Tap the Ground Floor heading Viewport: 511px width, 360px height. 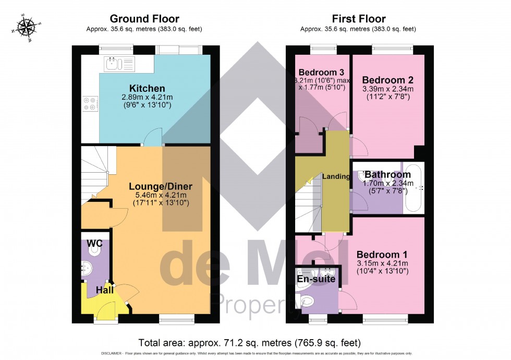(144, 20)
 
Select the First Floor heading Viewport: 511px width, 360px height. (358, 20)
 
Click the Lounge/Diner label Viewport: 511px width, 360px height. (161, 186)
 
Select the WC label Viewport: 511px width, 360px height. (94, 243)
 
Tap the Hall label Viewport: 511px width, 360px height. (104, 290)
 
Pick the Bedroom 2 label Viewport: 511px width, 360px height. (387, 80)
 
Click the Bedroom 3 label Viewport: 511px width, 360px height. (317, 71)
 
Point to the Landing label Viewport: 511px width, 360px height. (336, 176)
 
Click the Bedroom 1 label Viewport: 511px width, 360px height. (382, 254)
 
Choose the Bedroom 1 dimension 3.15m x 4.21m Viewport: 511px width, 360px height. (382, 263)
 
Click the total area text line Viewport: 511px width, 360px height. (249, 342)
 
